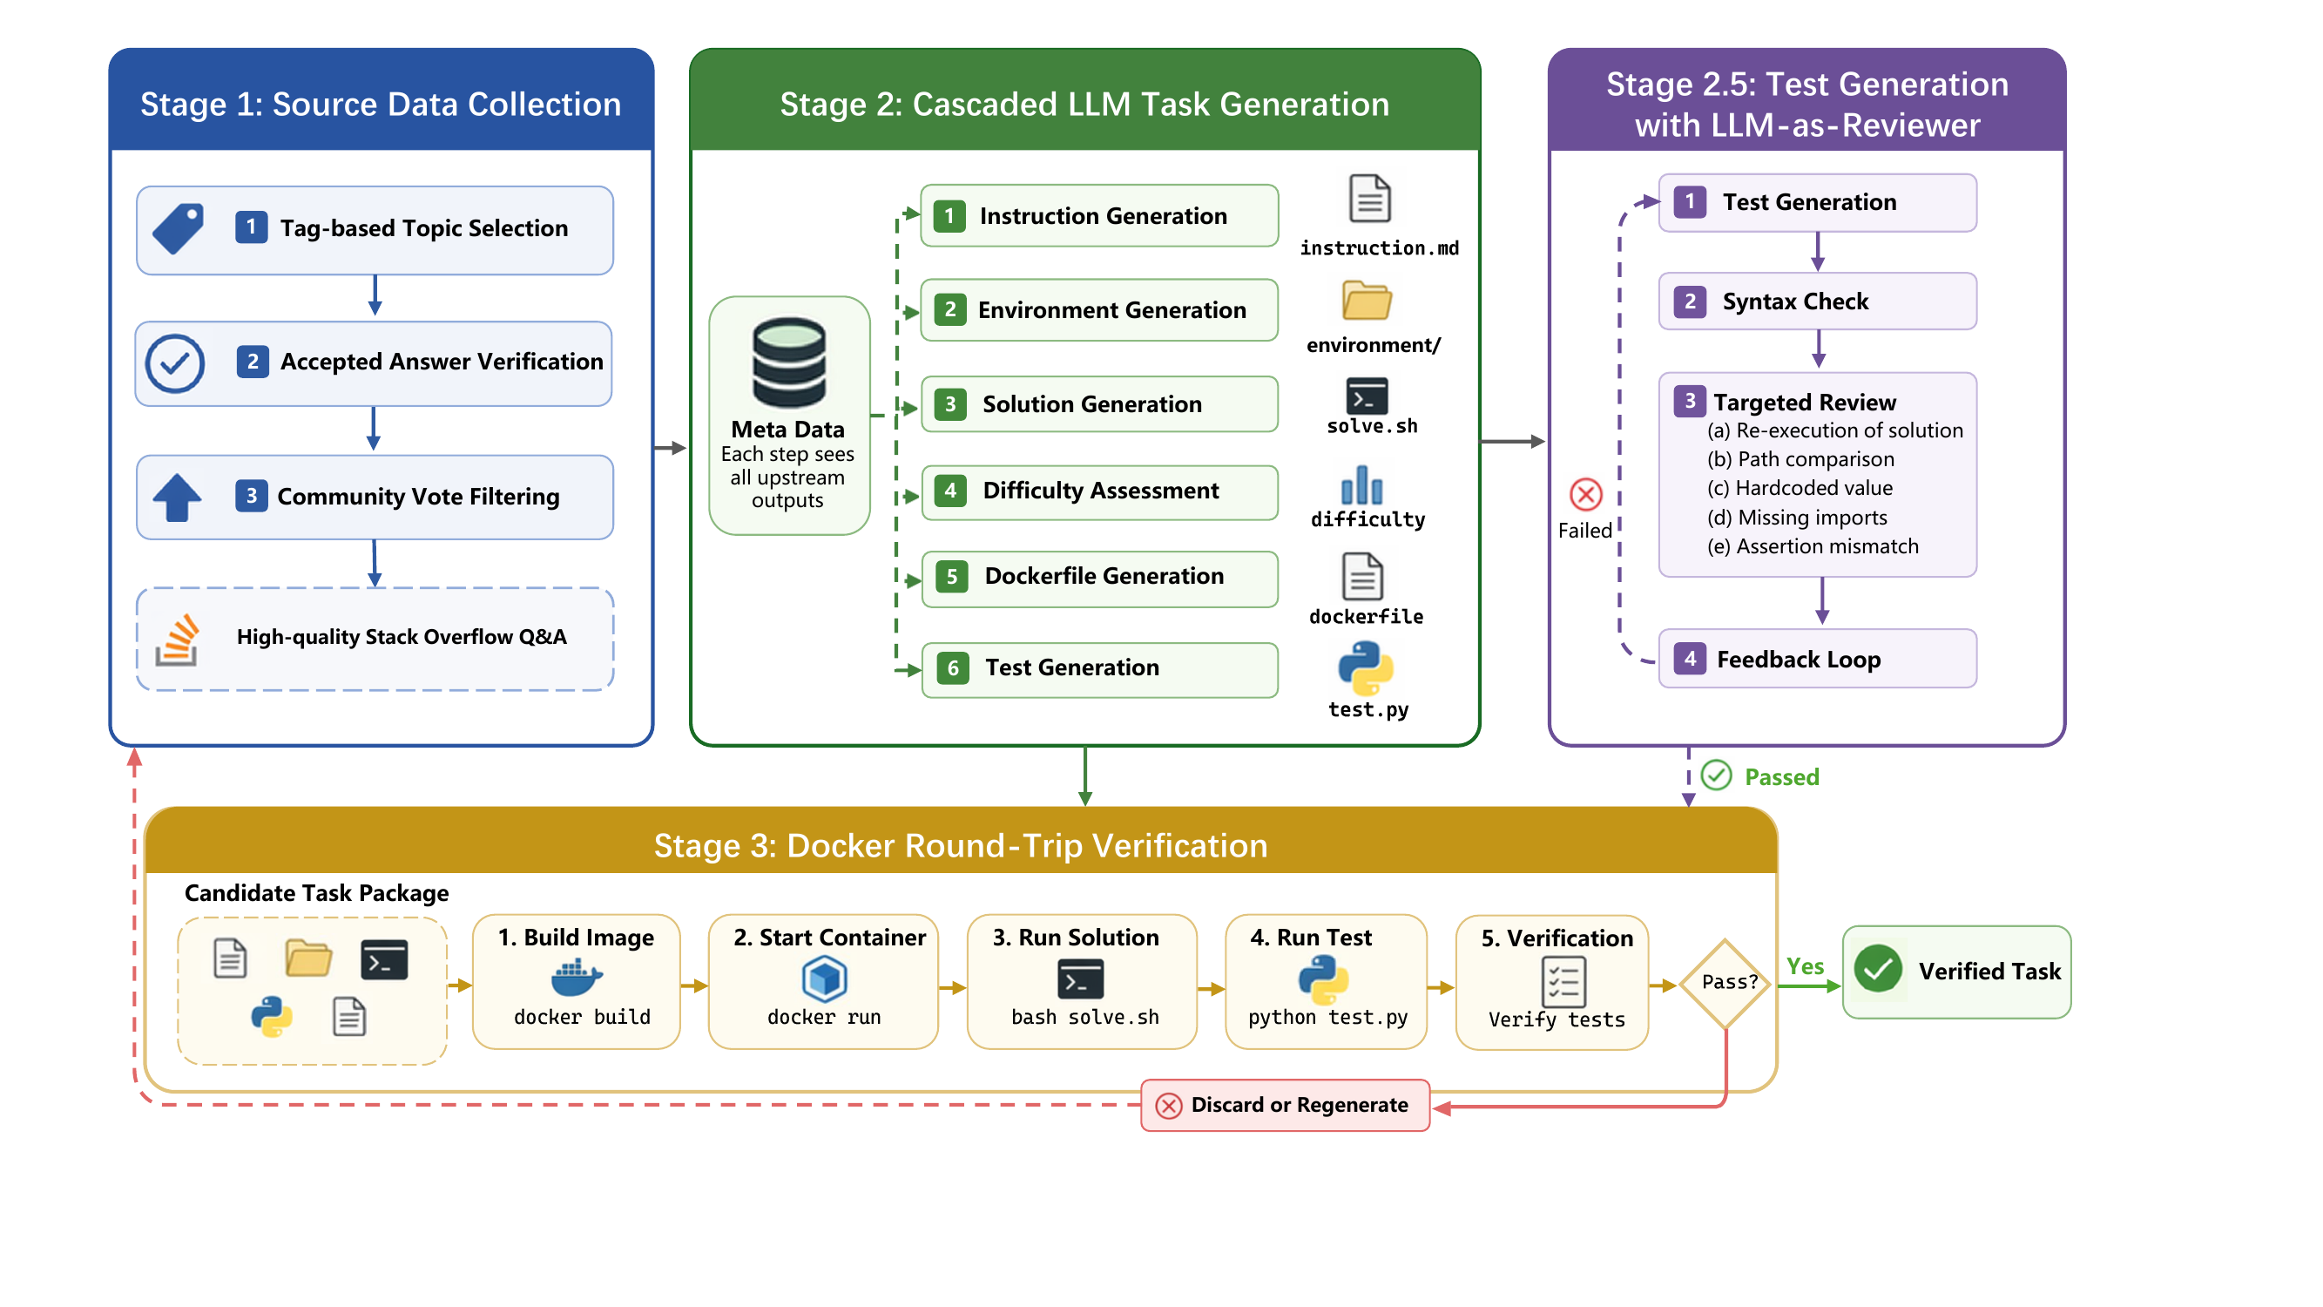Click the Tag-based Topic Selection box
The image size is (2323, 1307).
pyautogui.click(x=375, y=230)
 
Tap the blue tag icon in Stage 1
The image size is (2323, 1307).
pyautogui.click(x=178, y=228)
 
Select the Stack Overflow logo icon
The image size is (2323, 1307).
pyautogui.click(x=177, y=640)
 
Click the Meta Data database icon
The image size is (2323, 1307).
pyautogui.click(x=789, y=362)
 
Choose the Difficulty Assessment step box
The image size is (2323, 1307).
pyautogui.click(x=1099, y=491)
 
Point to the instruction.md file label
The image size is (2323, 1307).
pyautogui.click(x=1379, y=248)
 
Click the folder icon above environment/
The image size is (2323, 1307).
pyautogui.click(x=1367, y=300)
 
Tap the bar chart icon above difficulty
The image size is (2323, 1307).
pyautogui.click(x=1361, y=484)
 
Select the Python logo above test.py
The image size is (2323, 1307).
pyautogui.click(x=1365, y=668)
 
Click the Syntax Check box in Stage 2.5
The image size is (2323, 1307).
pyautogui.click(x=1817, y=301)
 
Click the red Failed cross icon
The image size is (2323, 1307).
pyautogui.click(x=1585, y=494)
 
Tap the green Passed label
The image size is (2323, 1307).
pyautogui.click(x=1781, y=776)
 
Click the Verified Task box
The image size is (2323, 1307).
pyautogui.click(x=1956, y=972)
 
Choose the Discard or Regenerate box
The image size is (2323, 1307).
pyautogui.click(x=1285, y=1105)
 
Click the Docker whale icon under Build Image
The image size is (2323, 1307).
pyautogui.click(x=577, y=978)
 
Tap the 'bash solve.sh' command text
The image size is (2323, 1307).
pyautogui.click(x=1084, y=1018)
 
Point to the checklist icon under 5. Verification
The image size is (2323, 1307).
pyautogui.click(x=1563, y=981)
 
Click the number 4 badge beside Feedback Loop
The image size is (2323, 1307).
pyautogui.click(x=1689, y=659)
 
